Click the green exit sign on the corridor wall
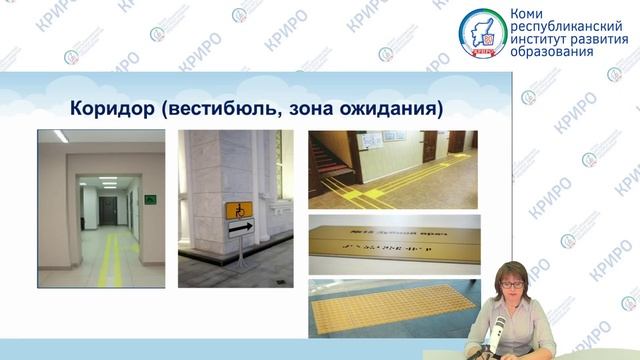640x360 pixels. [x=150, y=198]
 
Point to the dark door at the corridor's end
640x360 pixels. [x=108, y=209]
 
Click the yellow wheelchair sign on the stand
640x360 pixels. [x=239, y=210]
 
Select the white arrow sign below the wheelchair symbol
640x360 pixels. [x=239, y=228]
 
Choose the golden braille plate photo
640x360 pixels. [x=391, y=243]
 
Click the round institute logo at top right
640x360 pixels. [x=482, y=33]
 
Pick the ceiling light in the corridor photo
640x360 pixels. [x=61, y=136]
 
